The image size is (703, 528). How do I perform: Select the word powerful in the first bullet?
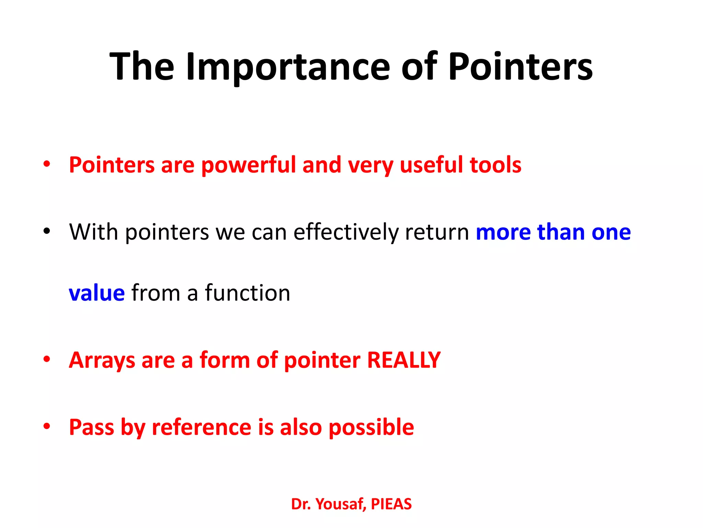[248, 165]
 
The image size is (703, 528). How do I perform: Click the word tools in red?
[495, 165]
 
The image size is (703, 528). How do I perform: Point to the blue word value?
[97, 293]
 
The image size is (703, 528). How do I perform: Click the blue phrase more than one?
[553, 232]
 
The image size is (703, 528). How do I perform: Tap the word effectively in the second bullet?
[346, 232]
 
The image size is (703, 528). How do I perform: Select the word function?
[247, 293]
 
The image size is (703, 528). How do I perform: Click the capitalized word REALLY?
[404, 360]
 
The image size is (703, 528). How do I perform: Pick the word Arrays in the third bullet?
[102, 360]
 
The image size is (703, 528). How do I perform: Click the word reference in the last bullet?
[201, 427]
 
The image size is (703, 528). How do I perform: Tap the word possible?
[371, 427]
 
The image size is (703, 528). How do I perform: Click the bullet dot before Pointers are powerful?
[47, 164]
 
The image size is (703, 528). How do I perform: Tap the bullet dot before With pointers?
[47, 231]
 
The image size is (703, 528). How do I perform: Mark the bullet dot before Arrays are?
[47, 359]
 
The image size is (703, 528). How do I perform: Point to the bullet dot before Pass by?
[47, 426]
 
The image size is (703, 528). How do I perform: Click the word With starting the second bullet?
[94, 232]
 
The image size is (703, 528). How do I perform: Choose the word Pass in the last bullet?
[91, 427]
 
